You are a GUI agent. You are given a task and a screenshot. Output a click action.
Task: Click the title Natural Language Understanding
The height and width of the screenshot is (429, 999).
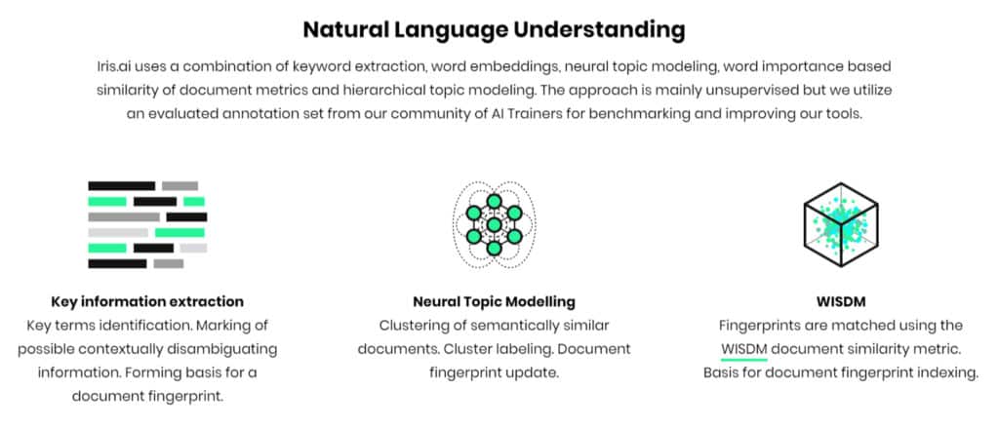click(x=494, y=30)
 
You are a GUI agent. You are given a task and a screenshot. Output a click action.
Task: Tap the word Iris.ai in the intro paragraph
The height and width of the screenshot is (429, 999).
click(x=114, y=66)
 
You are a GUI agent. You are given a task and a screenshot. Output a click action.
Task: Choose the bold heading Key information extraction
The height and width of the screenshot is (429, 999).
click(x=147, y=301)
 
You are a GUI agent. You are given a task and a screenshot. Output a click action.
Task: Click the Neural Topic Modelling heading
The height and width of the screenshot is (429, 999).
click(x=494, y=301)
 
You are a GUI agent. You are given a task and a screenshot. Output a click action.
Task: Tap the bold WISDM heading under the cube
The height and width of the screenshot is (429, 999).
click(x=840, y=301)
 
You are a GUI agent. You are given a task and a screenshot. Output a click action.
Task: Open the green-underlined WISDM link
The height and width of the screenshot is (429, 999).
click(x=744, y=349)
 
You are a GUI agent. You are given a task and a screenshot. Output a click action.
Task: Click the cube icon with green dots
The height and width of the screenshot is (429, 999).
click(x=840, y=224)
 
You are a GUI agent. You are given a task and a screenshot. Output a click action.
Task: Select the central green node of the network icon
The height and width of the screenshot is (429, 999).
click(x=494, y=224)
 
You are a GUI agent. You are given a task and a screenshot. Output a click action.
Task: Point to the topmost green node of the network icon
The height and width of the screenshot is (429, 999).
click(x=494, y=201)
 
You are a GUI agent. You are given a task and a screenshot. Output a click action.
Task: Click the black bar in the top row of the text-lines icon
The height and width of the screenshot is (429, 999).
click(x=121, y=186)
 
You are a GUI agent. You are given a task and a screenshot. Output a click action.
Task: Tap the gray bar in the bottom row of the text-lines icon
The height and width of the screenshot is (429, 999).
click(x=168, y=263)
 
